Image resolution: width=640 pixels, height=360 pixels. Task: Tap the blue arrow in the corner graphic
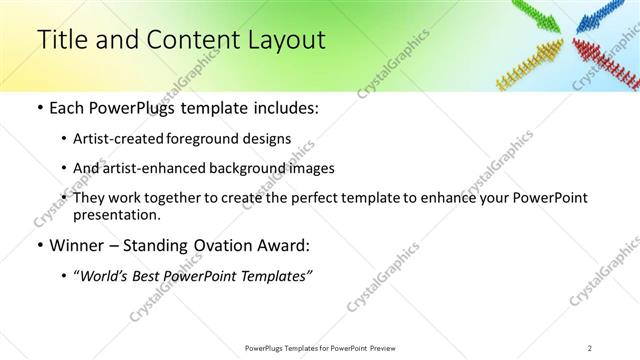point(605,16)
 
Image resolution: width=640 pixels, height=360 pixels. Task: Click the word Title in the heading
point(62,40)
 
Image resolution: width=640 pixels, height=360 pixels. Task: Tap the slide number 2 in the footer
point(590,348)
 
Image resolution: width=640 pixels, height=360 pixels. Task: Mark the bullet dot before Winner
point(39,246)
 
